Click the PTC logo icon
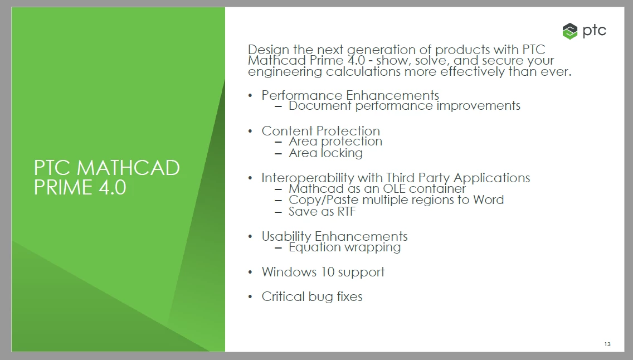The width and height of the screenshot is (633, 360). coord(569,31)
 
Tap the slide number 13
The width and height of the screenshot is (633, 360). coord(607,344)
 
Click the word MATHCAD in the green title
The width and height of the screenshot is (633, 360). coord(128,168)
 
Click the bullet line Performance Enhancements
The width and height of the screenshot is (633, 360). coord(350,95)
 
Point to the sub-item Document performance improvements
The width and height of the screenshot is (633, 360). coord(405,106)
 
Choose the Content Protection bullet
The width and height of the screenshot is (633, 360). coord(320,131)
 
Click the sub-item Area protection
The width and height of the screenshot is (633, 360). coord(335,141)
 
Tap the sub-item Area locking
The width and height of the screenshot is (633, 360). coord(326,153)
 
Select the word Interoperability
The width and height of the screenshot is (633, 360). coord(308,178)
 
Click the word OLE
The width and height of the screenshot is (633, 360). coord(394,188)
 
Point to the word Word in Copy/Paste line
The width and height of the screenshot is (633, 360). coord(489,200)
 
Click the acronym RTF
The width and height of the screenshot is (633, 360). coord(347,211)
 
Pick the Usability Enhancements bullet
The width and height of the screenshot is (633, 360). coord(335,236)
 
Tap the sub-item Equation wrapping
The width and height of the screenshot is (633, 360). coord(345,247)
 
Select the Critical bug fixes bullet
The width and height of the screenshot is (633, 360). coord(312,296)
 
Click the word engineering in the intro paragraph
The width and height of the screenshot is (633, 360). coord(285,72)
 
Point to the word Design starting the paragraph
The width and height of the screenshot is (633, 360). coord(269,50)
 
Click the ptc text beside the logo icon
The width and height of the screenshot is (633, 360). coord(594,31)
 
